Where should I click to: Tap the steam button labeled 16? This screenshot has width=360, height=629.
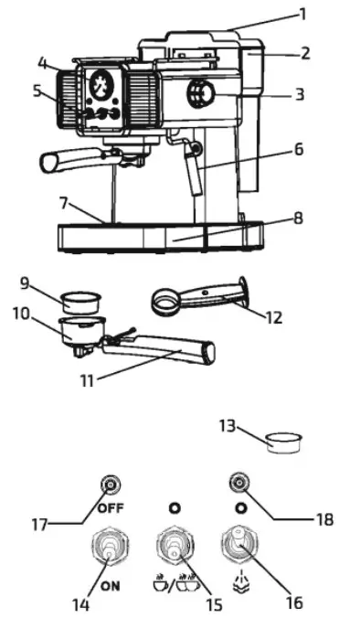tap(238, 547)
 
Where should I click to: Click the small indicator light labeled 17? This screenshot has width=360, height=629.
tap(111, 484)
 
